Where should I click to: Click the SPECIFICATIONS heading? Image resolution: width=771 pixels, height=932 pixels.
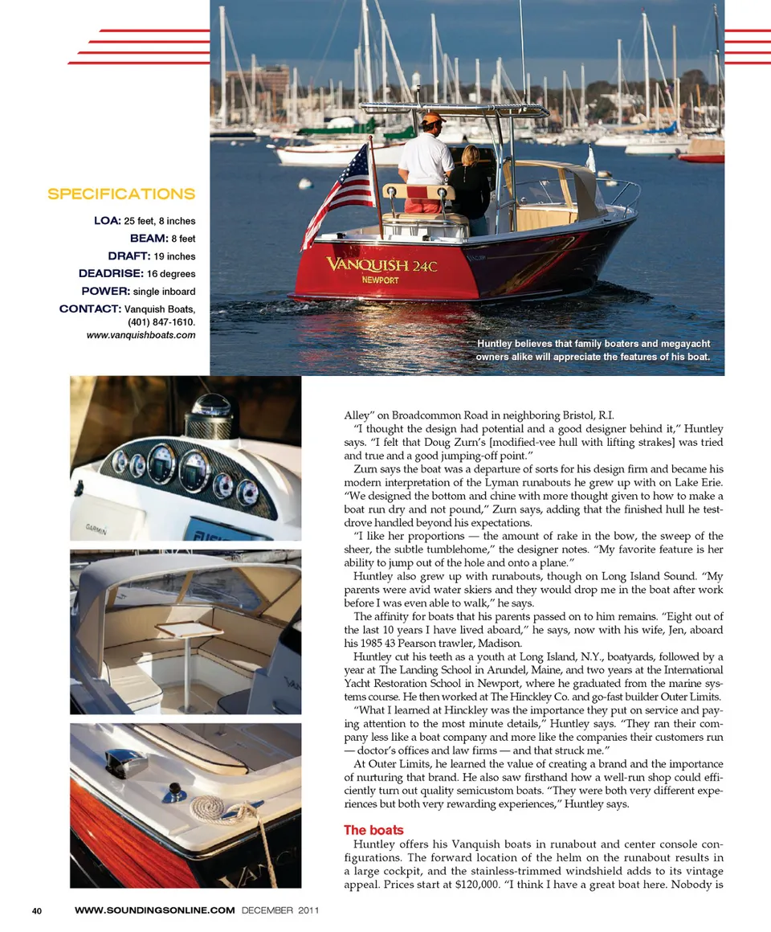point(121,194)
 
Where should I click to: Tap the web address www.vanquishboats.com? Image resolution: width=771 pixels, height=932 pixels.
point(141,334)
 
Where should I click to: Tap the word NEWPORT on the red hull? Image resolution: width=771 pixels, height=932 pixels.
point(380,280)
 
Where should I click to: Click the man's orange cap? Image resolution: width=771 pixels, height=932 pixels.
point(433,119)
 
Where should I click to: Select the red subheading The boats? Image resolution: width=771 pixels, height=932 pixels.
point(373,830)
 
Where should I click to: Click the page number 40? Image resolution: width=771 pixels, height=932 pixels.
point(37,910)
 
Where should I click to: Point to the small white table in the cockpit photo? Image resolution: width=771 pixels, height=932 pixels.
point(190,631)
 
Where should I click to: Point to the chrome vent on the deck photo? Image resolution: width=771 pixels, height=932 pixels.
point(127,761)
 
